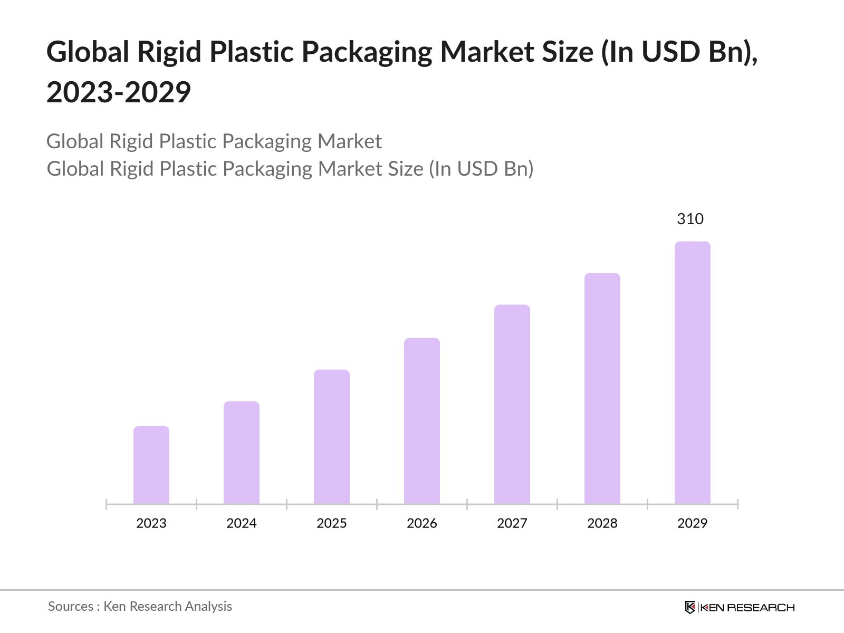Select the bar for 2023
(x=151, y=465)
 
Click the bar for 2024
(x=242, y=453)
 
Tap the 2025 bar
(x=332, y=437)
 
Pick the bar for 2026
(x=422, y=421)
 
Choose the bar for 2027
(x=512, y=404)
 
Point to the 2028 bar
(x=602, y=388)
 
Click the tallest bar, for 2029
(x=693, y=372)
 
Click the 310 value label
(x=690, y=219)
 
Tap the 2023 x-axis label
(x=151, y=523)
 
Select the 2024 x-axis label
(x=242, y=523)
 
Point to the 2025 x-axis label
(x=332, y=523)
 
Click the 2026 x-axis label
(x=422, y=523)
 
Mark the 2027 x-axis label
(x=512, y=523)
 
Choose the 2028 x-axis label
(x=602, y=523)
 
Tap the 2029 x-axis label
(x=693, y=523)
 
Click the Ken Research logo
(x=740, y=607)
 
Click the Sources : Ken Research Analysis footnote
(x=140, y=607)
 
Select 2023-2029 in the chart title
(x=119, y=92)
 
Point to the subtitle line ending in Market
(x=214, y=141)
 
